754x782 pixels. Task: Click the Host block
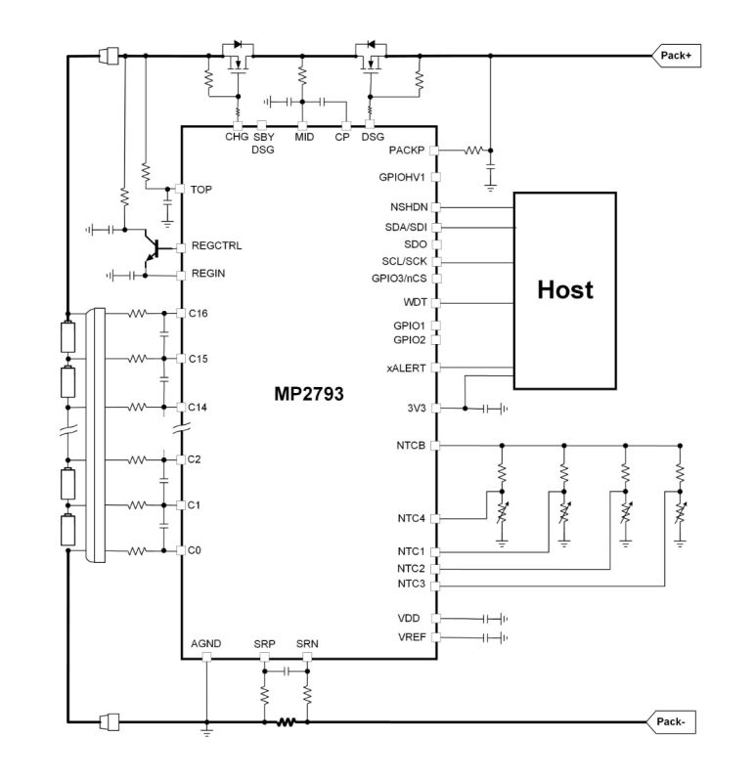(x=565, y=290)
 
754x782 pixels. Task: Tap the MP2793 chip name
(x=308, y=395)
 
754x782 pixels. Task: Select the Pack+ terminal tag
(x=676, y=56)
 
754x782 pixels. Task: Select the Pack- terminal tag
(x=672, y=722)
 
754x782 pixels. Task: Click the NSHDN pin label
(x=408, y=208)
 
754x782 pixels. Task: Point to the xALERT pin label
(x=407, y=369)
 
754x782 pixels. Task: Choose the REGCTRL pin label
(x=217, y=247)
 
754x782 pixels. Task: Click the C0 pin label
(x=196, y=551)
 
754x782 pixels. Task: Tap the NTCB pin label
(x=411, y=446)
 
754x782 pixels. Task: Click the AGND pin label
(x=206, y=643)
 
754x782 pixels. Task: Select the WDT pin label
(x=415, y=303)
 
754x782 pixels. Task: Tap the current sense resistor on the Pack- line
(x=286, y=723)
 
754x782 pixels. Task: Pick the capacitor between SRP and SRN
(x=286, y=672)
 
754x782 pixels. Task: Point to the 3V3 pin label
(x=415, y=408)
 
